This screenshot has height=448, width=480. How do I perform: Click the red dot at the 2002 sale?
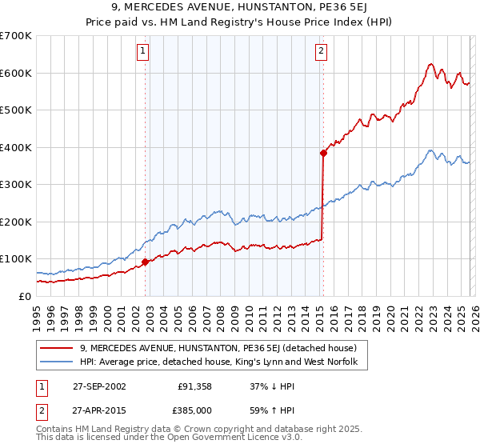(145, 262)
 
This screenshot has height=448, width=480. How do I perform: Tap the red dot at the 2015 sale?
(323, 153)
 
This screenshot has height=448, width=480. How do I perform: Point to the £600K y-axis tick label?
(16, 73)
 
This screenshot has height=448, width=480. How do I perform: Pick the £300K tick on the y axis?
(16, 184)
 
